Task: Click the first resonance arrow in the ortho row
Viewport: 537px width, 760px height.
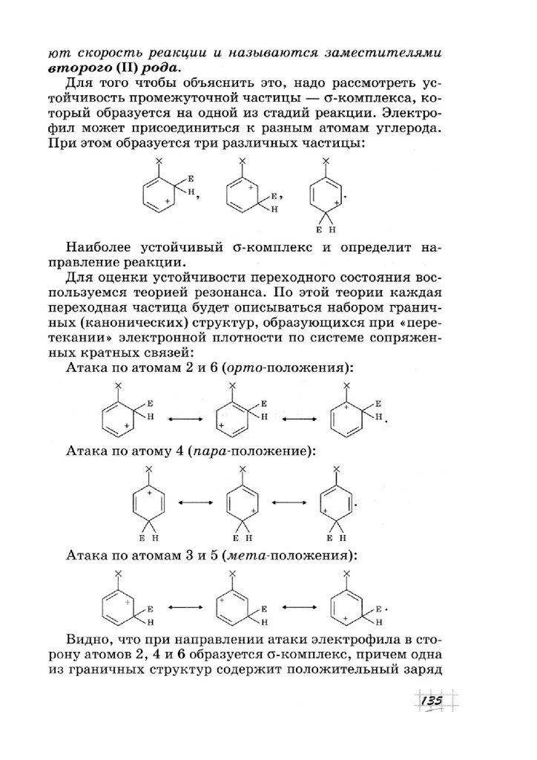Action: (182, 420)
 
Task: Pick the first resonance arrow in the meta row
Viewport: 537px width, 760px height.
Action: (182, 608)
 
